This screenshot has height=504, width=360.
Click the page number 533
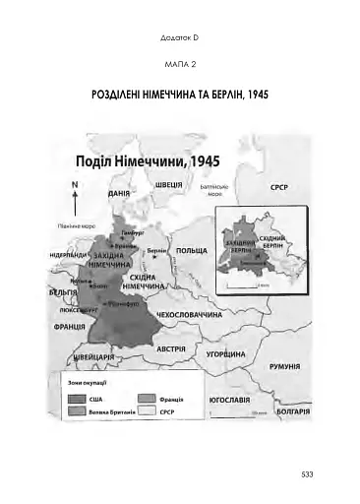click(x=307, y=475)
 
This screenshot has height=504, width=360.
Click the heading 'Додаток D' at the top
click(x=179, y=38)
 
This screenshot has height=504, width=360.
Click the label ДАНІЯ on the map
click(x=121, y=196)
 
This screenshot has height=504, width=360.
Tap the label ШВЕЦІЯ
click(x=170, y=185)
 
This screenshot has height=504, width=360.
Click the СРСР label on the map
click(x=284, y=186)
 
